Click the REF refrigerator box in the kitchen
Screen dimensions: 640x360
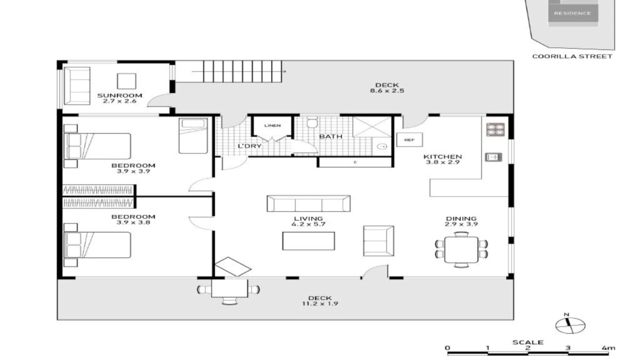pos(409,139)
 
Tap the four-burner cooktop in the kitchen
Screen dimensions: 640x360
pos(495,129)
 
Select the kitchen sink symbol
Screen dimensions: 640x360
pos(493,157)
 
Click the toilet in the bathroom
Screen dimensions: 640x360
pos(312,122)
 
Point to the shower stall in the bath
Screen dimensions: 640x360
pos(371,126)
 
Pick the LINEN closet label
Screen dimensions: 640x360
pos(272,125)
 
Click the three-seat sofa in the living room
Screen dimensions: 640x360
pos(308,203)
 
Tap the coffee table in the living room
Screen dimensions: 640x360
pos(308,241)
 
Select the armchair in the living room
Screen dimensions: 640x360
pos(378,241)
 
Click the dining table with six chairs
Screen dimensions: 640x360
pos(461,249)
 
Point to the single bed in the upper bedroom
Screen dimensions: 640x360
pos(193,135)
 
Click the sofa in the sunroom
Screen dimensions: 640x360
pos(77,85)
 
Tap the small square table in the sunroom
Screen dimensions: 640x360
pos(126,81)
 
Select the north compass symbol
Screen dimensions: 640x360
pos(570,324)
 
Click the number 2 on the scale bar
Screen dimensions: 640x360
pos(527,348)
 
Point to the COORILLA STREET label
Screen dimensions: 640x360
pos(572,56)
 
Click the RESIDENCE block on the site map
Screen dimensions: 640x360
pos(573,13)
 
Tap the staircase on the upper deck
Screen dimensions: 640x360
pos(242,71)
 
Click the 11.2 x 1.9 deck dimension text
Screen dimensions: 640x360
pos(320,303)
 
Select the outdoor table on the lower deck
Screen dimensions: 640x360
pos(229,288)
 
